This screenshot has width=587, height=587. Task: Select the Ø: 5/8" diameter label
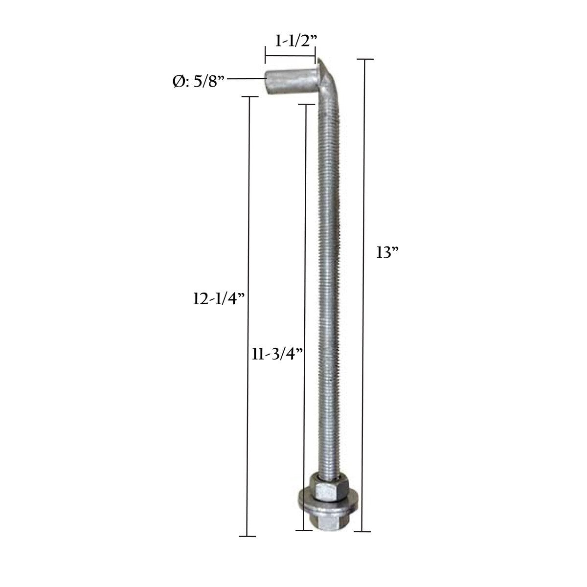click(x=199, y=82)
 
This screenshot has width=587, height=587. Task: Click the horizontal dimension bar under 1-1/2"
click(x=290, y=55)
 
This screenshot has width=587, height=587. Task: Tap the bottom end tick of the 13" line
click(x=362, y=531)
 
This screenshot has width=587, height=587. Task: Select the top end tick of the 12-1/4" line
click(x=249, y=97)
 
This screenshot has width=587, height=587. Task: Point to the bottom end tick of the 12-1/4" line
click(x=248, y=537)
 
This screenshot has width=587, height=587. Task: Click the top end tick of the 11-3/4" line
click(x=306, y=104)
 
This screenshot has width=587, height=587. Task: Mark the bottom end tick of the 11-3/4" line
click(x=304, y=529)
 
